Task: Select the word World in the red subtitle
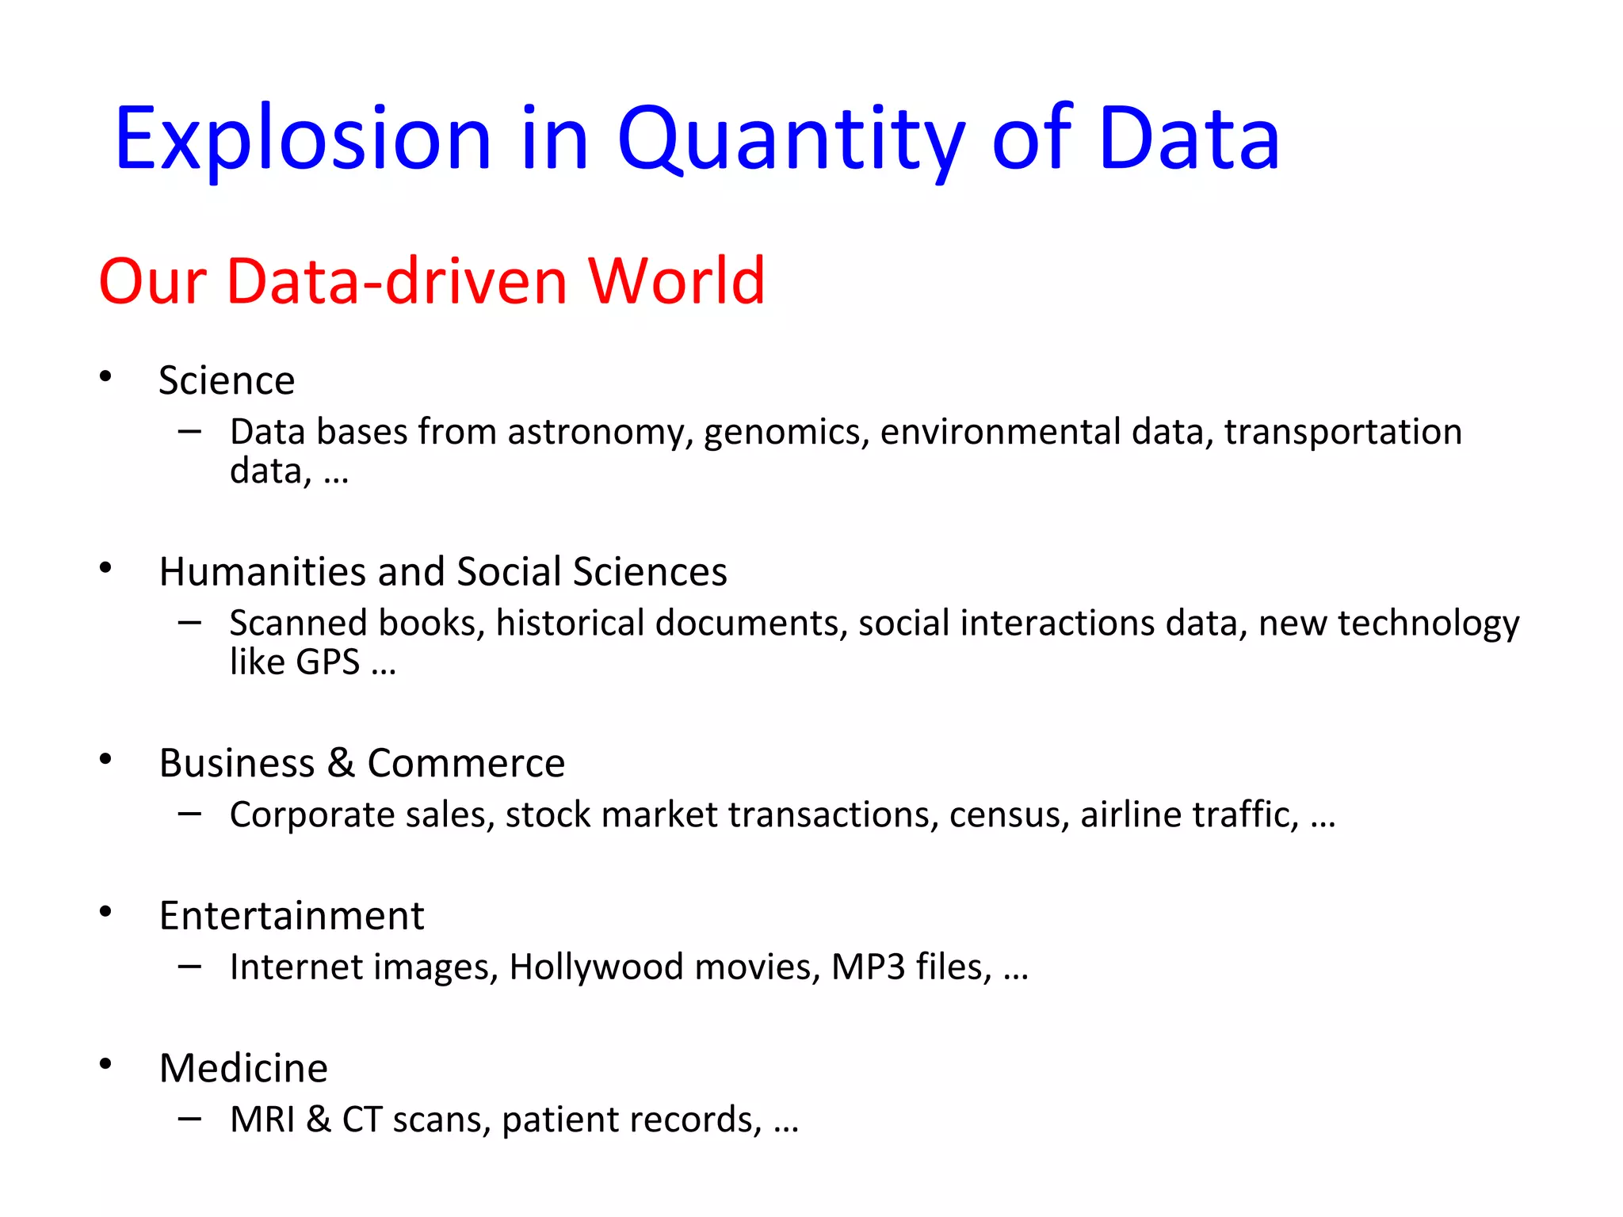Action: pos(675,281)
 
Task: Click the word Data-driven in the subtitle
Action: pos(397,281)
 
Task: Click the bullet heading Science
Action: pos(227,380)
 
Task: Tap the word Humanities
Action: pos(262,571)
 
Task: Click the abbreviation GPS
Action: pos(328,662)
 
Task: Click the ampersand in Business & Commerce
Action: pos(341,763)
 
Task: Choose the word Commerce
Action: pos(466,763)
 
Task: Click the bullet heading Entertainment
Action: pos(292,916)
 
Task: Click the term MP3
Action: pos(868,967)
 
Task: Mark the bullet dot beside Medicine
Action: pos(105,1064)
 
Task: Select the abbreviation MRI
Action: pos(262,1120)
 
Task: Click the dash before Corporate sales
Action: pos(189,813)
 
